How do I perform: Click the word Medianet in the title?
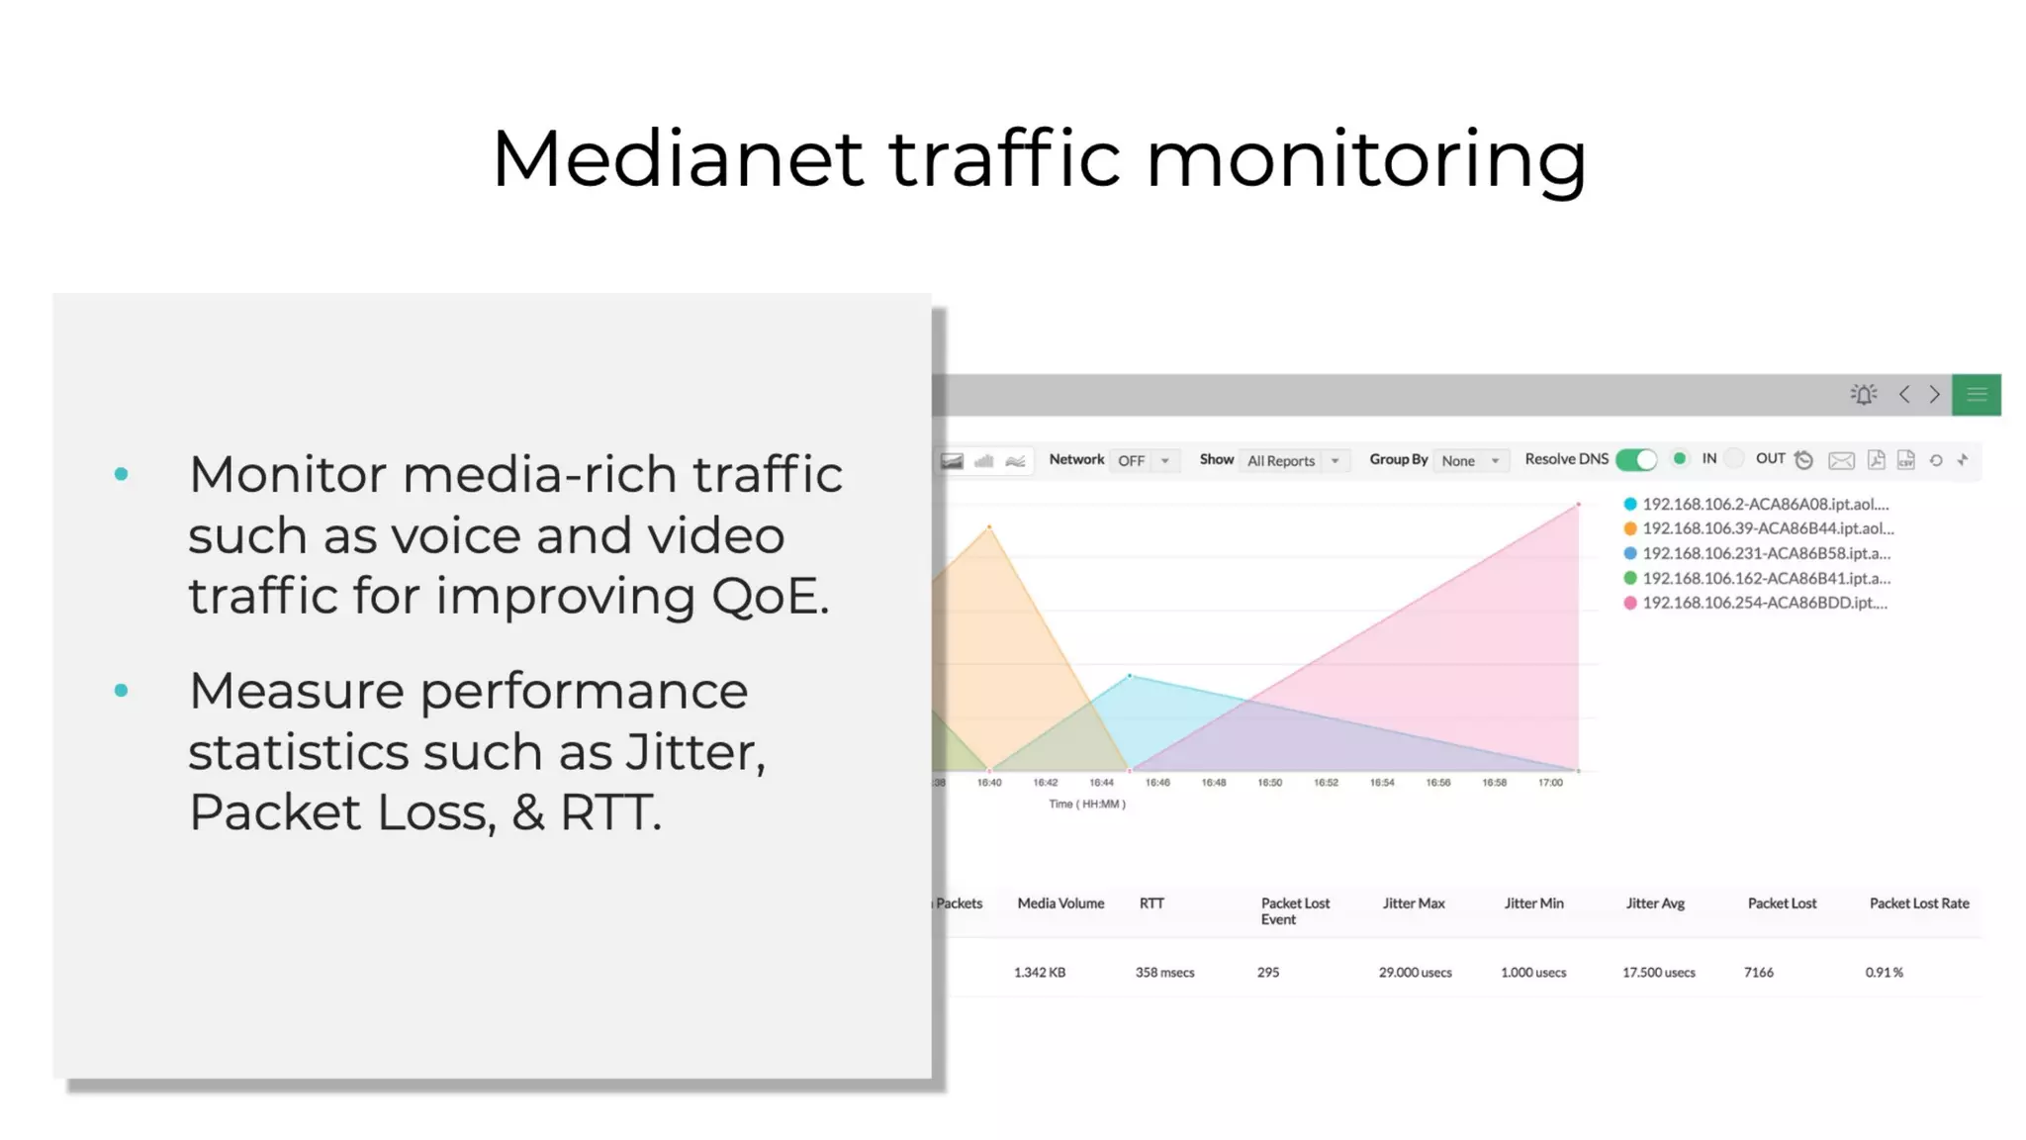pos(678,158)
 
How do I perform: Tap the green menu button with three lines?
pos(1976,395)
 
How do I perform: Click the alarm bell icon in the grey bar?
pos(1864,395)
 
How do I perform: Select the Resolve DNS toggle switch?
pos(1636,460)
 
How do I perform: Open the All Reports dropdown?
pos(1293,461)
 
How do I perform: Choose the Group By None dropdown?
pos(1470,461)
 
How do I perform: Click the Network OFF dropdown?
pos(1144,461)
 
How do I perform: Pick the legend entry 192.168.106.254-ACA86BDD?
pos(1764,603)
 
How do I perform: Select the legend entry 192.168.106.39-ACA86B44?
pos(1767,528)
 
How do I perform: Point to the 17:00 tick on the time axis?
pos(1550,783)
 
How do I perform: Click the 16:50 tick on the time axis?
pos(1269,783)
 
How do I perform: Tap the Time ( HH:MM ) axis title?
pos(1087,805)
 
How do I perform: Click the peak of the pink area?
pos(1578,505)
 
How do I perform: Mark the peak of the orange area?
pos(989,526)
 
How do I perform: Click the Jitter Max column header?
pos(1414,903)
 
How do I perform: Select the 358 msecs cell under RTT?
pos(1164,973)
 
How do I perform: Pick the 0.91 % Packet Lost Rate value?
pos(1884,973)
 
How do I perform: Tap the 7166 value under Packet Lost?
pos(1758,973)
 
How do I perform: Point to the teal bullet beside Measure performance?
pos(121,691)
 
